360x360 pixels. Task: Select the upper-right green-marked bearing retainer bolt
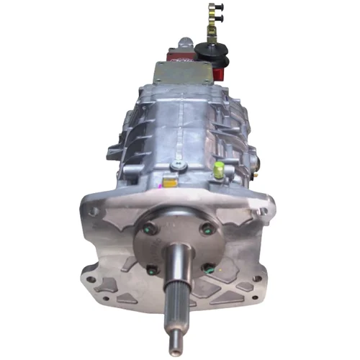click(207, 229)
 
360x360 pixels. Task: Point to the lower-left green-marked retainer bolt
click(152, 270)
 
